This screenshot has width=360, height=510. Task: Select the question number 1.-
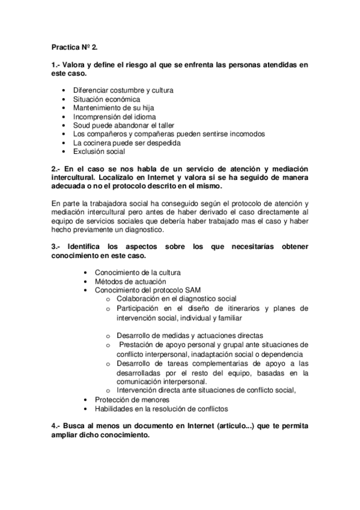coord(57,64)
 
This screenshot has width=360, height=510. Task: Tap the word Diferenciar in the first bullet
coord(93,90)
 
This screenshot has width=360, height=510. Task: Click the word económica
coord(123,99)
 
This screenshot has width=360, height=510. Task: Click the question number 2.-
coord(57,170)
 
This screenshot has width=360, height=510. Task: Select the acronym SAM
coord(176,290)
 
